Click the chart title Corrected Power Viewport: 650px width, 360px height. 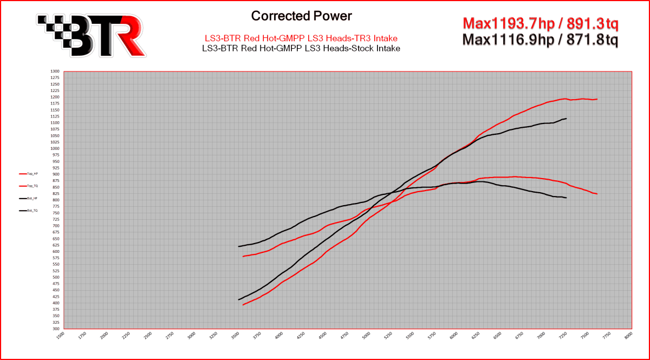click(x=301, y=16)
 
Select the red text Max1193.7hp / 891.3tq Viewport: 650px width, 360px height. click(x=540, y=24)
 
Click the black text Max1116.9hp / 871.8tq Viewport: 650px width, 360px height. click(x=540, y=39)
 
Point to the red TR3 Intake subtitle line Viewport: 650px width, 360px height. click(x=301, y=38)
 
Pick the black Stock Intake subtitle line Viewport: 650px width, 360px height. click(x=301, y=48)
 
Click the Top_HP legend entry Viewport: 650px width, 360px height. click(x=29, y=174)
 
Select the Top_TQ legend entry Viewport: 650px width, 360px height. click(x=29, y=186)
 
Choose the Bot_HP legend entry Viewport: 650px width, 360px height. click(x=29, y=199)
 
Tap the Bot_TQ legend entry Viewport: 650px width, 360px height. click(x=29, y=211)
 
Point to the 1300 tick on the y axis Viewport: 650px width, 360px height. click(x=55, y=71)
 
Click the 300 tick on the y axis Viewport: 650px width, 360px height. click(x=55, y=329)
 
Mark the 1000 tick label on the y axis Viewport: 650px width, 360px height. click(x=55, y=148)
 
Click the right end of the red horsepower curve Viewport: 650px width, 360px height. click(x=597, y=99)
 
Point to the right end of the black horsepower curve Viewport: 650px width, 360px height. click(x=566, y=118)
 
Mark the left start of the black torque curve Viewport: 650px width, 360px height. click(x=239, y=246)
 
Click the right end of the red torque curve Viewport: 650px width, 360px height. click(x=597, y=194)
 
